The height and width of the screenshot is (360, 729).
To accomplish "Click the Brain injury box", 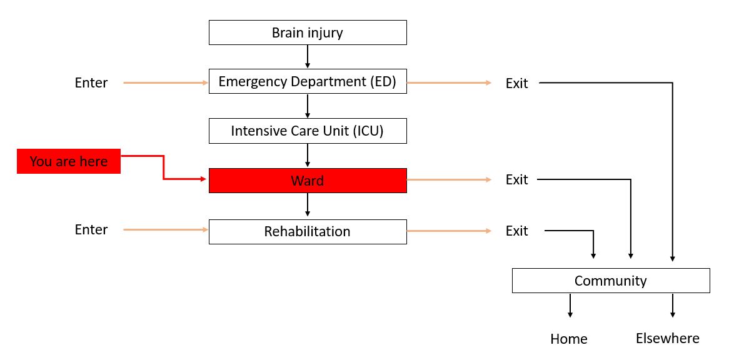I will [x=308, y=32].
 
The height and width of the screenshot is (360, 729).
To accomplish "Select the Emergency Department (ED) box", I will [x=308, y=81].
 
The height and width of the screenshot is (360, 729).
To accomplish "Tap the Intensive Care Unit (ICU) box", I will [x=308, y=131].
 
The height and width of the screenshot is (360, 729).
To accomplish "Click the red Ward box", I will [x=308, y=181].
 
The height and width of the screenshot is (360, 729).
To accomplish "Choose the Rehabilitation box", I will [x=308, y=231].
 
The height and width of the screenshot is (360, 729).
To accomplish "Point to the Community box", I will [x=611, y=281].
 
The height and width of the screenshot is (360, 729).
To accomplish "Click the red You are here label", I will [x=69, y=161].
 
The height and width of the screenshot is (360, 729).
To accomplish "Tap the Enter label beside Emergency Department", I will [x=91, y=82].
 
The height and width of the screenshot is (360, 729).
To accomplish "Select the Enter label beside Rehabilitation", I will [x=91, y=230].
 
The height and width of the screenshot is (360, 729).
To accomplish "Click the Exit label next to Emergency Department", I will [x=517, y=83].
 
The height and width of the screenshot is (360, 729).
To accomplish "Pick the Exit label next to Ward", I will [x=517, y=180].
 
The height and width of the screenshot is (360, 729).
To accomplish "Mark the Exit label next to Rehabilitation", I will [x=517, y=231].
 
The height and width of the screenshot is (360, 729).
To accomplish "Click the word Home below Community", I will [x=569, y=339].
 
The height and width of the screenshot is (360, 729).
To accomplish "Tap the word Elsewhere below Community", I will [x=668, y=339].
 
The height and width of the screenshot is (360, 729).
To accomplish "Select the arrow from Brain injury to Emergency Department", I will [x=308, y=56].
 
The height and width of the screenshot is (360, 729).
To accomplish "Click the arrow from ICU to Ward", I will [x=308, y=156].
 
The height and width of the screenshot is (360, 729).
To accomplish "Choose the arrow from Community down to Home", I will [x=570, y=306].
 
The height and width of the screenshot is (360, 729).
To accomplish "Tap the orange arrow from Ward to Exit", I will [x=449, y=180].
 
